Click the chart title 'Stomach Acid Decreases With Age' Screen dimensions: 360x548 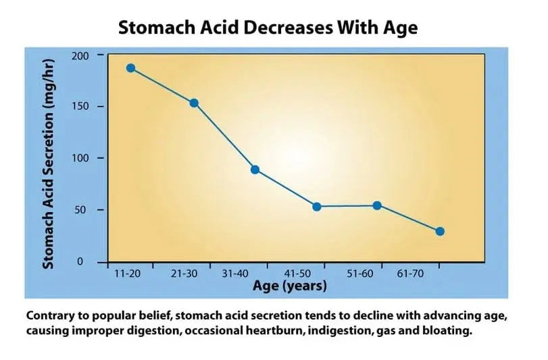pos(268,28)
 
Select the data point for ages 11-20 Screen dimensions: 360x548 pos(130,68)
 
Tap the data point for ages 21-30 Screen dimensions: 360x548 pos(194,103)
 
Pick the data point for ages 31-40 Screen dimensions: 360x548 pos(255,170)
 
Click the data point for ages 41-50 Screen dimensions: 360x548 pos(316,207)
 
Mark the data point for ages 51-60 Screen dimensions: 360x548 pos(377,205)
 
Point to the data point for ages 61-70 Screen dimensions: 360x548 pos(440,231)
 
